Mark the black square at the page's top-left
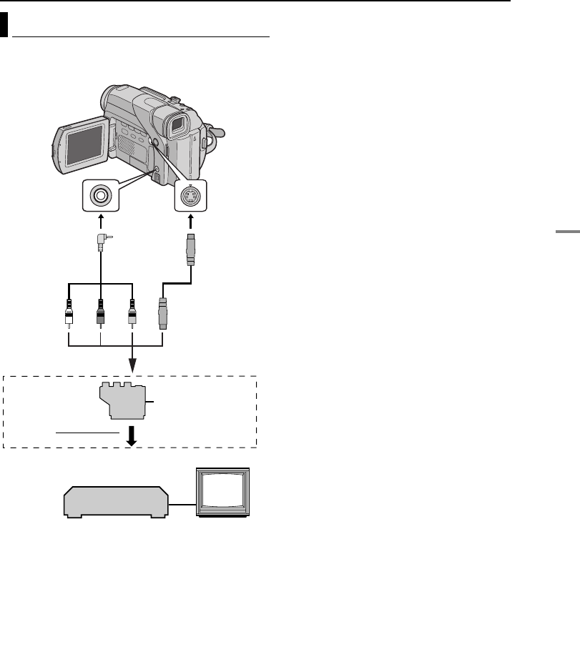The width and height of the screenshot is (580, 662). point(4,26)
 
